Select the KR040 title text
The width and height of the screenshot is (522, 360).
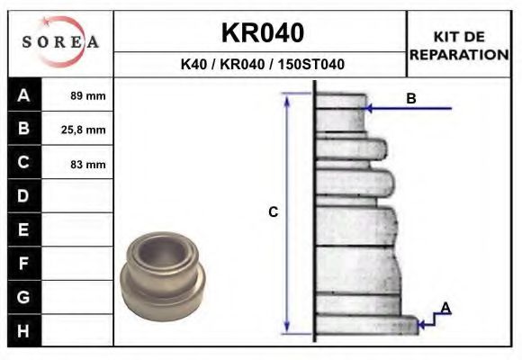click(262, 33)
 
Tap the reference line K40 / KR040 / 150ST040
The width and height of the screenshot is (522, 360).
click(262, 65)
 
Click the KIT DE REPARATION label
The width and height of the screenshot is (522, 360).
click(459, 46)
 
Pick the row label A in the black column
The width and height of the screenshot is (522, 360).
click(23, 95)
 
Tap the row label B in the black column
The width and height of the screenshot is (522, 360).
click(23, 129)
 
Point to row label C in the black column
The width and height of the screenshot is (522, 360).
click(23, 163)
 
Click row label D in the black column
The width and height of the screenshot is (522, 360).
click(23, 196)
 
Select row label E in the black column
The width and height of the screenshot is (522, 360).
click(23, 230)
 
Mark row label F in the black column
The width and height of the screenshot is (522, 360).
click(23, 264)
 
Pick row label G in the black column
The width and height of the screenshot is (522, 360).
click(23, 297)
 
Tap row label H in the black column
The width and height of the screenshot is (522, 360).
click(23, 330)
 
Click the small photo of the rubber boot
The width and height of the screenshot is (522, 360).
click(166, 269)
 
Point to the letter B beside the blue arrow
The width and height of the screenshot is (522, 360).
click(411, 99)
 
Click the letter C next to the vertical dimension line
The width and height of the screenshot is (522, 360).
click(274, 212)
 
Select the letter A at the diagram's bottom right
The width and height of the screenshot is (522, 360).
click(445, 309)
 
